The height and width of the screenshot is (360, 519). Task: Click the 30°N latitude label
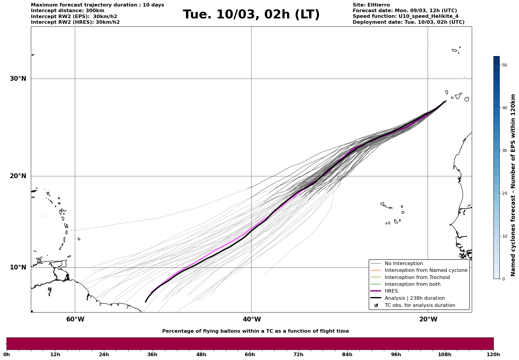pyautogui.click(x=18, y=79)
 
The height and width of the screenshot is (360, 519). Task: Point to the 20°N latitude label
pyautogui.click(x=18, y=176)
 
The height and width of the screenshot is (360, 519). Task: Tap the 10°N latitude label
pyautogui.click(x=18, y=267)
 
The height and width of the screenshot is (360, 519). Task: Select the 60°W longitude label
pyautogui.click(x=75, y=319)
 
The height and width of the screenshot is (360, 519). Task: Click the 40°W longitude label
pyautogui.click(x=252, y=319)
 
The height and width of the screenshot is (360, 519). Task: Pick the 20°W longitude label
pyautogui.click(x=428, y=319)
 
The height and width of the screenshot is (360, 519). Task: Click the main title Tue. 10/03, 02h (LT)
pyautogui.click(x=251, y=15)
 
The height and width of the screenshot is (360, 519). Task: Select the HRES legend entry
pyautogui.click(x=391, y=291)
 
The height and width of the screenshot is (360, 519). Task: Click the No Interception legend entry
pyautogui.click(x=404, y=264)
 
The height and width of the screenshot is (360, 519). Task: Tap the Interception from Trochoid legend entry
pyautogui.click(x=417, y=277)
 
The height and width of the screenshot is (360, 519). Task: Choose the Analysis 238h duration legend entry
pyautogui.click(x=414, y=298)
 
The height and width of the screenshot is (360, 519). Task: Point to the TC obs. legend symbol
pyautogui.click(x=376, y=305)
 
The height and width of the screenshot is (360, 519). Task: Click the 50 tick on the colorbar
pyautogui.click(x=504, y=65)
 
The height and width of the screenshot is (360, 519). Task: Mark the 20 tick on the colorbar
pyautogui.click(x=504, y=193)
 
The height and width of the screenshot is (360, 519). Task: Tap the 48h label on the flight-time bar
pyautogui.click(x=201, y=354)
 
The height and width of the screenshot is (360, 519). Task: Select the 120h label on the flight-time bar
pyautogui.click(x=493, y=354)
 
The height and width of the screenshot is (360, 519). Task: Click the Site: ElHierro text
pyautogui.click(x=371, y=5)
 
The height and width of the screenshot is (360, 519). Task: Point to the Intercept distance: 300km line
pyautogui.click(x=67, y=11)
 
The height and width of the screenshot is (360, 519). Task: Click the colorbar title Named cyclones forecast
pyautogui.click(x=513, y=185)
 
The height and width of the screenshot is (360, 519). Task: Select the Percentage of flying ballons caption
pyautogui.click(x=255, y=331)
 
